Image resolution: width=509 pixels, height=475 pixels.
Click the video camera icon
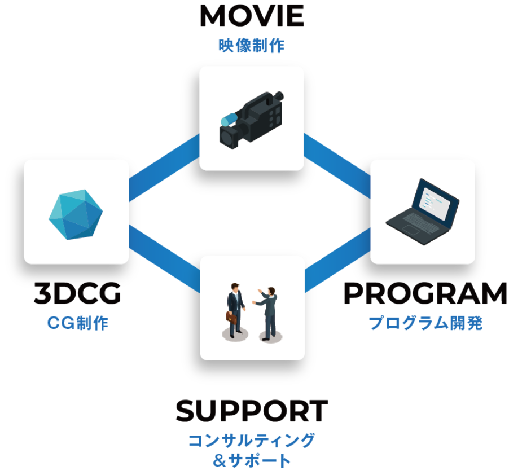pos(251,120)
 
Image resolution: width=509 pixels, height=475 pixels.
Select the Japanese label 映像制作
pos(251,46)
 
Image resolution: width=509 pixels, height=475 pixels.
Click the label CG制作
pos(77,323)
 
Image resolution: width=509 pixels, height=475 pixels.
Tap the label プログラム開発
pos(425,323)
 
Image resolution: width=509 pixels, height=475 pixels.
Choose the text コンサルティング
pos(251,440)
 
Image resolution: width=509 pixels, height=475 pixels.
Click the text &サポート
pos(252,460)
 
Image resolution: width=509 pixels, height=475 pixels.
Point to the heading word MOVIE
pos(251,17)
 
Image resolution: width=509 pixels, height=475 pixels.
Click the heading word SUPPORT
pos(251,411)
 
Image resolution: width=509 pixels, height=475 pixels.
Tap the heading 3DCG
pos(77,293)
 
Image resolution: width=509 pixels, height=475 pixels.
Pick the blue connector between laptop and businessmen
pos(337,261)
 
